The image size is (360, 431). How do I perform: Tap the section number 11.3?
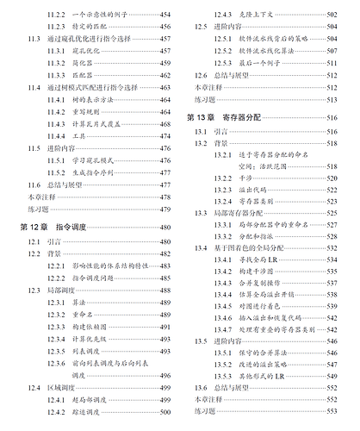click(x=33, y=41)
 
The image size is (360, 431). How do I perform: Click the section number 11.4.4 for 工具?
click(x=59, y=136)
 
